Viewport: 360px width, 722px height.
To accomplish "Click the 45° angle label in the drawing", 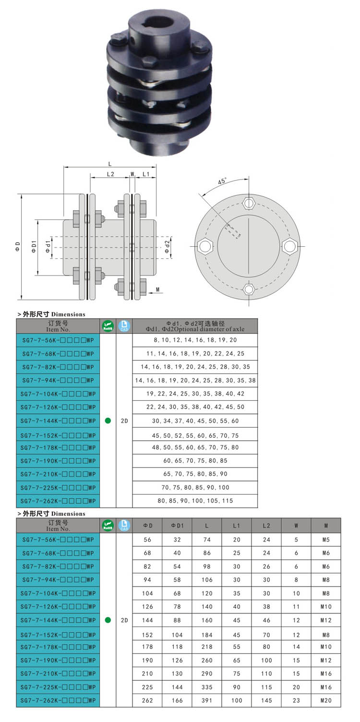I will [x=222, y=182].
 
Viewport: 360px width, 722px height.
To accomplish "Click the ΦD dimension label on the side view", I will [x=17, y=247].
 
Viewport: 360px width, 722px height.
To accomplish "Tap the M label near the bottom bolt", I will [x=158, y=290].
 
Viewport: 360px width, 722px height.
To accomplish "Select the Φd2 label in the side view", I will [x=167, y=247].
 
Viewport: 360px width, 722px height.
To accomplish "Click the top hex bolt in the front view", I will [x=248, y=203].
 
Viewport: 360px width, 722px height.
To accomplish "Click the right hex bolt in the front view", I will [x=289, y=246].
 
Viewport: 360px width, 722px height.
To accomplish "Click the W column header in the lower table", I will [x=296, y=526].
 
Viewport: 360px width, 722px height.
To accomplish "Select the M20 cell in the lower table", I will [x=326, y=700].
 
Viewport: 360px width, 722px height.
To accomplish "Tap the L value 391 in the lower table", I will [x=207, y=700].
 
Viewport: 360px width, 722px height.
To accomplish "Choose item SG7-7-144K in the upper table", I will [x=58, y=421].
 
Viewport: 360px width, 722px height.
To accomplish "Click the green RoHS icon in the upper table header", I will [x=108, y=326].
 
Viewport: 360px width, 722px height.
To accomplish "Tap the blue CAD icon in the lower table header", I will [x=124, y=525].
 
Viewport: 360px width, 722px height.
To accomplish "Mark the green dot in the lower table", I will [x=108, y=620].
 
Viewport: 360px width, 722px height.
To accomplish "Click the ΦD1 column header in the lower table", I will [x=177, y=526].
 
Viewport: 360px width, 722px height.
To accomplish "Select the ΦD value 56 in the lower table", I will [x=147, y=539].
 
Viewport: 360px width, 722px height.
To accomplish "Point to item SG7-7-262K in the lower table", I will [x=58, y=700].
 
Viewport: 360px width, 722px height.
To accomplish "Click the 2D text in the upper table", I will [x=124, y=421].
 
